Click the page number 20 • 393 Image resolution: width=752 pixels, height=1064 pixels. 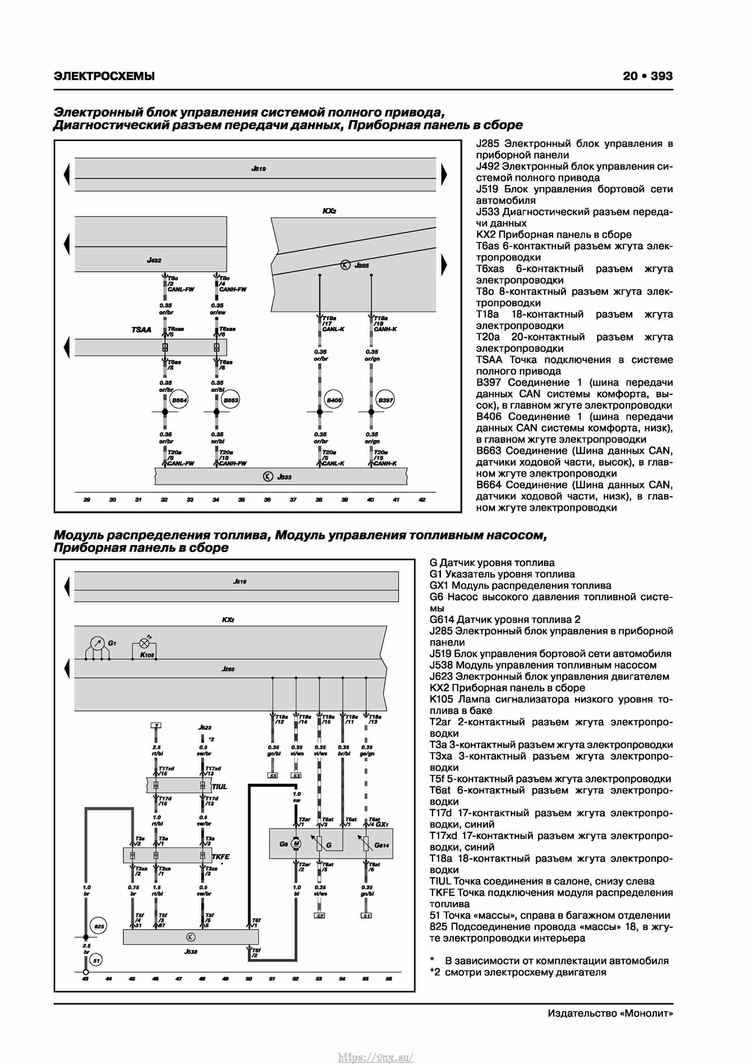647,76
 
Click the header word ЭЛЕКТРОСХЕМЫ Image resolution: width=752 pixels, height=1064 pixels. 104,76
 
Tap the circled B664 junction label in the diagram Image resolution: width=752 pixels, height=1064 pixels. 179,400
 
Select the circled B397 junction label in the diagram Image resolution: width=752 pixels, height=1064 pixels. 385,400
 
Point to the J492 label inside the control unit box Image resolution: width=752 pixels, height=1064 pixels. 154,260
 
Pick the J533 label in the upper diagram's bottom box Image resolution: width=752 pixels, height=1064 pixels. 284,477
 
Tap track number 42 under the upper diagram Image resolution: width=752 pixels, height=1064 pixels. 421,499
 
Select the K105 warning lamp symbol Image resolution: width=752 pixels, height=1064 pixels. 144,644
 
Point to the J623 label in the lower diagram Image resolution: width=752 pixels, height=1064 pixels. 204,727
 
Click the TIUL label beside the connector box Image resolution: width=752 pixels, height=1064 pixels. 220,786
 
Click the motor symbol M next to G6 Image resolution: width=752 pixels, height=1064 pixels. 296,844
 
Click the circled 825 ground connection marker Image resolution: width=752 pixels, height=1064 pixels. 99,926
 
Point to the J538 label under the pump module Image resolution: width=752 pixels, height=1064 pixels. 191,951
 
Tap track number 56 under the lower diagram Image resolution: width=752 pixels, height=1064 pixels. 388,978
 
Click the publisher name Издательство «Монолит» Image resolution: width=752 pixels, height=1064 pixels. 610,1013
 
